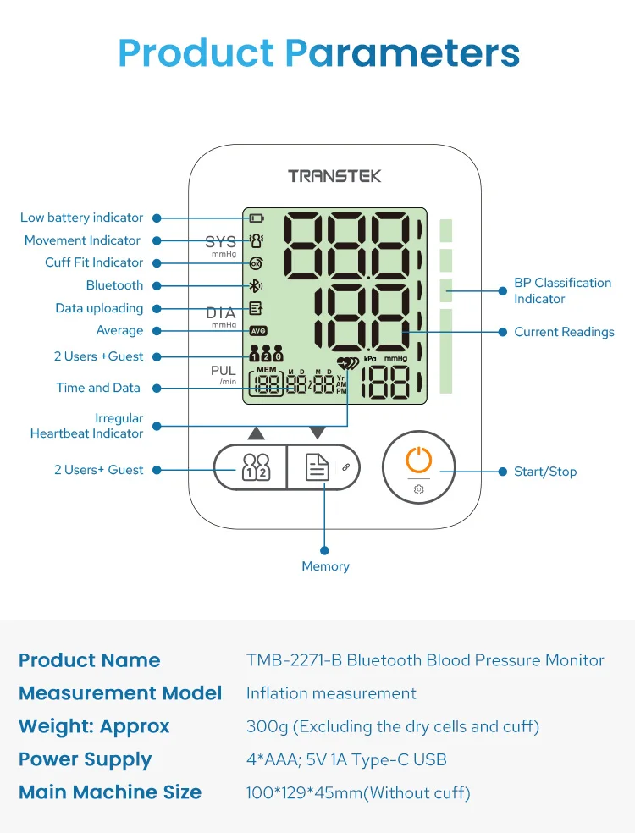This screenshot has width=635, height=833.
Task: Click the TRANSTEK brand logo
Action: [334, 176]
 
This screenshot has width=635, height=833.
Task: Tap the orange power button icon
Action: [419, 461]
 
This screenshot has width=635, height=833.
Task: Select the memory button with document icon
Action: [317, 467]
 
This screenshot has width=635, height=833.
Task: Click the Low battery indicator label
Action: [81, 218]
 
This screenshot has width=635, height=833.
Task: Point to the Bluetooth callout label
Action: [114, 285]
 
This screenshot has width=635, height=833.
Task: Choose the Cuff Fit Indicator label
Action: [94, 262]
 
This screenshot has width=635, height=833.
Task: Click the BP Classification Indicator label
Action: [562, 290]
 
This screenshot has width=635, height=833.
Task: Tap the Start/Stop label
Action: [545, 472]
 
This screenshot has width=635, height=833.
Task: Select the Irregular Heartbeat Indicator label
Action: [86, 426]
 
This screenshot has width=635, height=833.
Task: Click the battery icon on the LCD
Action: [257, 218]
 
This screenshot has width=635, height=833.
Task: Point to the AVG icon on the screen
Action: [257, 330]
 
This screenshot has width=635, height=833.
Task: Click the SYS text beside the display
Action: [221, 242]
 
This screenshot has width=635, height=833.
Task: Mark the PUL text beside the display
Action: [224, 371]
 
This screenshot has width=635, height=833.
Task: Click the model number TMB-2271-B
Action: [294, 660]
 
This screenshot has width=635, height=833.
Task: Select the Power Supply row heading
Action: [85, 759]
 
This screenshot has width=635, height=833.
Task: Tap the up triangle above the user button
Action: [257, 433]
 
